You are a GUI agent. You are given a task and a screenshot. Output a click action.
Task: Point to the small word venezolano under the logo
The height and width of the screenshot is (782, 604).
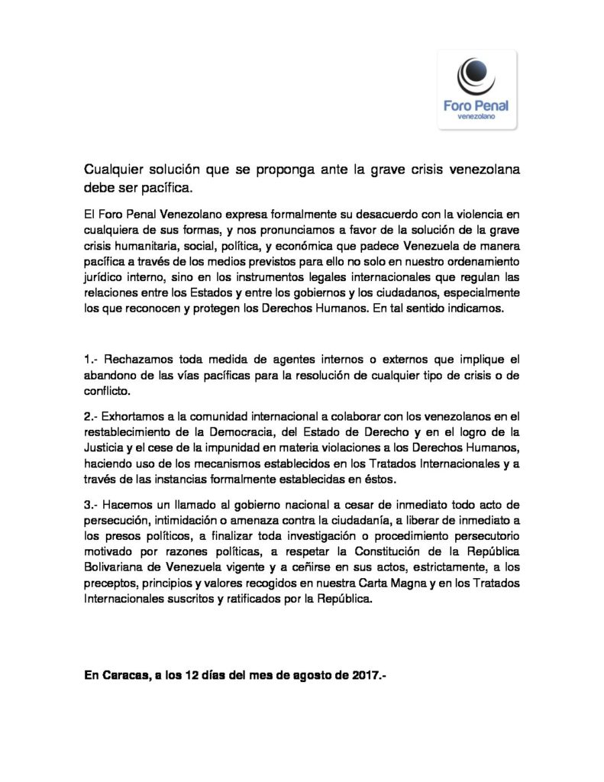(x=477, y=118)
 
